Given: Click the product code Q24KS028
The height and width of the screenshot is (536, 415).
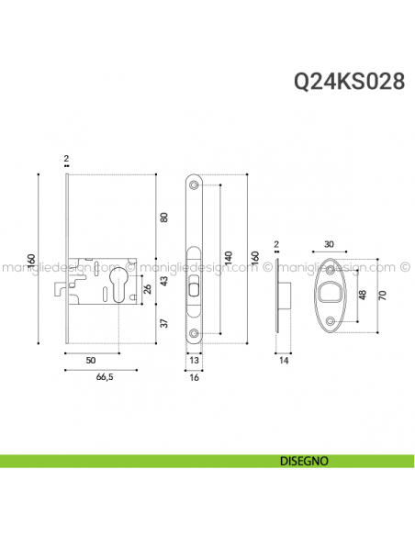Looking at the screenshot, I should [348, 82].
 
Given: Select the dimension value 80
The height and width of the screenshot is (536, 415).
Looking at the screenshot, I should [165, 218].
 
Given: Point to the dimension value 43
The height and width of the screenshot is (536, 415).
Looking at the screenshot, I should [165, 281].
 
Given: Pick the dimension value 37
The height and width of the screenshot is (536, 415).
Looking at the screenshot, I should [165, 323].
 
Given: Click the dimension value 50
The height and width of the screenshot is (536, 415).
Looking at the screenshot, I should [91, 361].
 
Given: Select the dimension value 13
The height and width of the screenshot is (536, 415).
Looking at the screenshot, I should [194, 361].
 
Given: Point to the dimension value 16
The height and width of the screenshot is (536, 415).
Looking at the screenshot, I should [194, 376].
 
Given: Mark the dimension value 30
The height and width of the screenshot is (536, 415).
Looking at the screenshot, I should [329, 244].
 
